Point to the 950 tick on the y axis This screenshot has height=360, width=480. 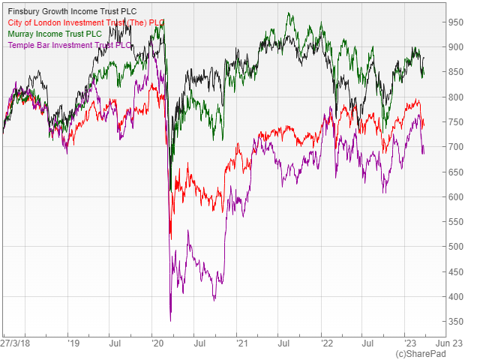[x=456, y=22]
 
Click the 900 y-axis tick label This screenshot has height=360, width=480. [x=456, y=47]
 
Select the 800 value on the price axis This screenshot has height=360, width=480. [x=456, y=97]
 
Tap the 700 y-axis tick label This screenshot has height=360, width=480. [x=456, y=147]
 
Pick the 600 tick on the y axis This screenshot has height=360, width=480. [x=456, y=197]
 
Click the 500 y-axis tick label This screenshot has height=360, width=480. [x=456, y=247]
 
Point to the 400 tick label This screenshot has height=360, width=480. [x=456, y=297]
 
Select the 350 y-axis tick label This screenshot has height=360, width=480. [x=456, y=322]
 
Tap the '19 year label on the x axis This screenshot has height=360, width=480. [x=73, y=343]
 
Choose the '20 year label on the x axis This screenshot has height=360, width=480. [x=157, y=343]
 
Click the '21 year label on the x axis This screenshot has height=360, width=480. [x=242, y=343]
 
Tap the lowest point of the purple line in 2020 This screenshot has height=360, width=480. [x=170, y=320]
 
